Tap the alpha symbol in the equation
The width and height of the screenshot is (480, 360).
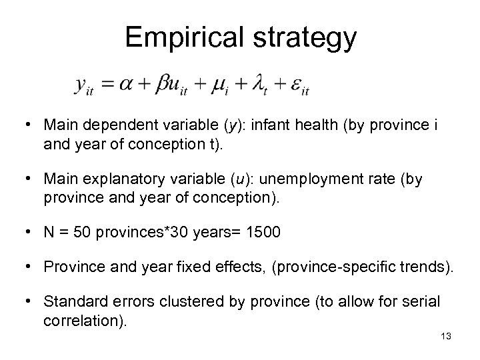124,85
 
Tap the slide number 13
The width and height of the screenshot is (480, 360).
446,336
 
